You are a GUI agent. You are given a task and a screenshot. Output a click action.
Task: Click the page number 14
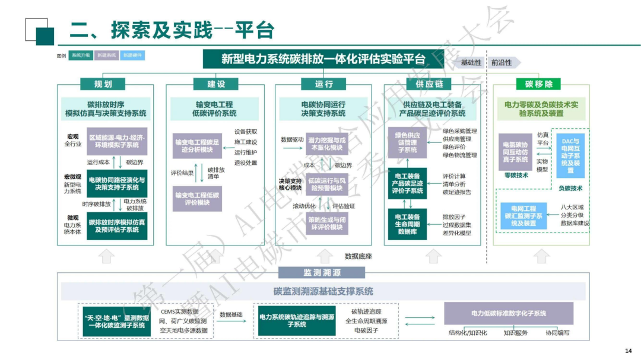coord(630,350)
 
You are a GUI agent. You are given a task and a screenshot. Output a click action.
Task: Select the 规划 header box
coord(102,84)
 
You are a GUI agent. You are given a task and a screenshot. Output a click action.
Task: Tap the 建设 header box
coord(212,84)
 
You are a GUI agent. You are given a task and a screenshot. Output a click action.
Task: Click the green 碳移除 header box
coord(538,84)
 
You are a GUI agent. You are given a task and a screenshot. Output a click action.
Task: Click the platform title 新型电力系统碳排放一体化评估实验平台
coord(323,59)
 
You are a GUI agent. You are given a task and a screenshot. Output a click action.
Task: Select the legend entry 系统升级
coord(81,55)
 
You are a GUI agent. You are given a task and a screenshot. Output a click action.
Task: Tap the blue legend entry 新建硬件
coord(132,55)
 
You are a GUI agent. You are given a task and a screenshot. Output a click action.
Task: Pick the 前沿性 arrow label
coord(502,62)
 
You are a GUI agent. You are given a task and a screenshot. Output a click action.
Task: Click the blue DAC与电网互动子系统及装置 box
coord(570,155)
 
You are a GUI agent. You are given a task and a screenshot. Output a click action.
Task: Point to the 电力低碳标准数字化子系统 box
coord(509,313)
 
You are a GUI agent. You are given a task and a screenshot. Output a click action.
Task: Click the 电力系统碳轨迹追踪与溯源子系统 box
coord(296,320)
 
